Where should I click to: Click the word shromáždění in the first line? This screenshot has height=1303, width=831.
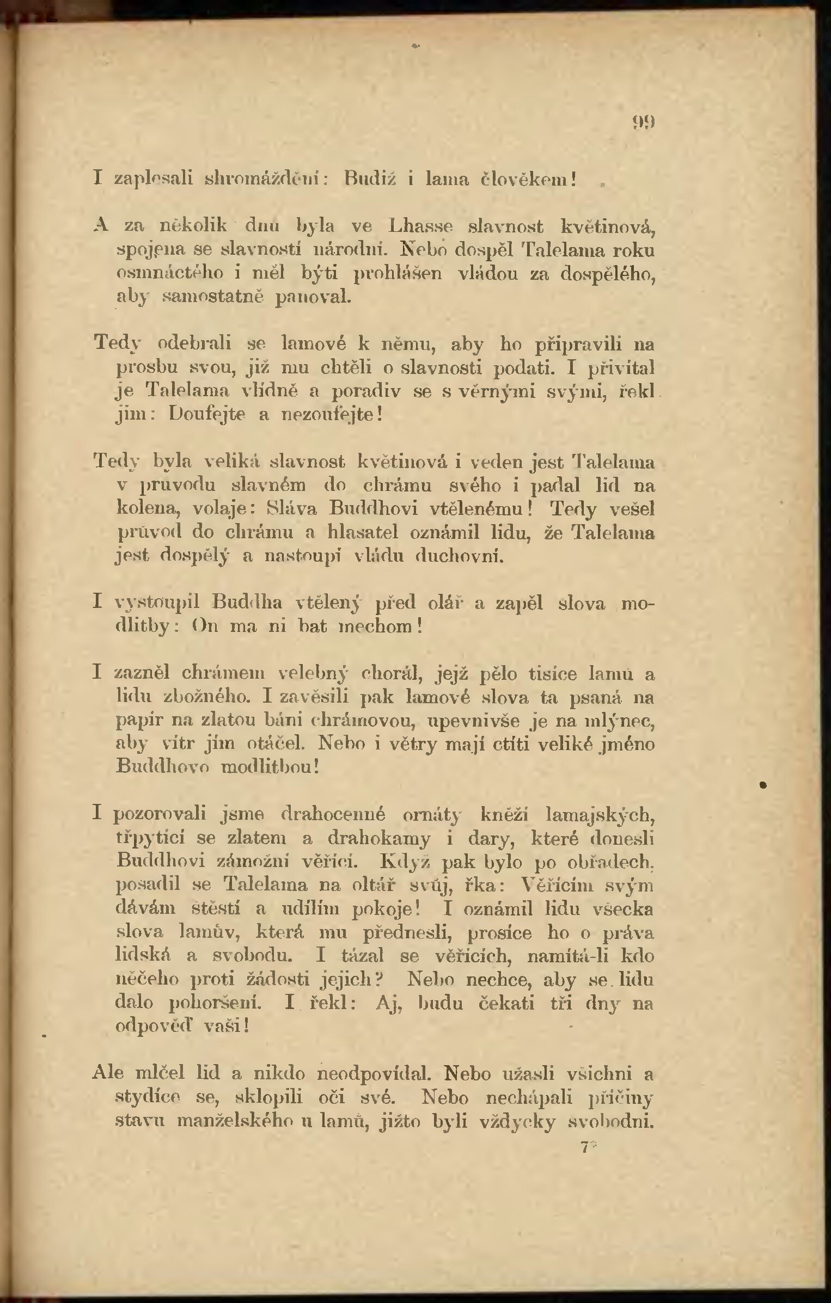click(265, 179)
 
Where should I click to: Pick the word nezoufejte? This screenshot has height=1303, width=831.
click(328, 415)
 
